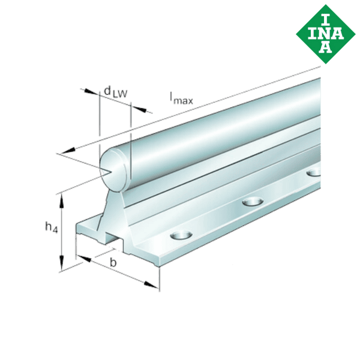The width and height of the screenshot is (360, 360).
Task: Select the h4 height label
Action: [x=52, y=227]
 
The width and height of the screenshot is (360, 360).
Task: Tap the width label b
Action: [x=112, y=262]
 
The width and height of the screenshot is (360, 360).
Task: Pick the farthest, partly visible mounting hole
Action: [x=314, y=173]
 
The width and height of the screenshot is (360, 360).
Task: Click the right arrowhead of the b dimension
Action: [x=154, y=286]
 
